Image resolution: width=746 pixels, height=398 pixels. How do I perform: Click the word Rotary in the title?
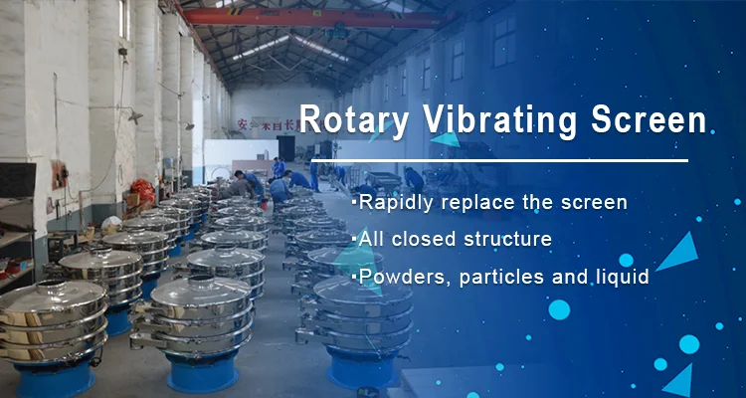click(353, 120)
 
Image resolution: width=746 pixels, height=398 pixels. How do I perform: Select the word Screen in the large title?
click(649, 119)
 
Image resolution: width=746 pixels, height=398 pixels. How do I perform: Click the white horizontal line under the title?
click(499, 160)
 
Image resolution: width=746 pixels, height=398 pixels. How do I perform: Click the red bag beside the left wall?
click(142, 189)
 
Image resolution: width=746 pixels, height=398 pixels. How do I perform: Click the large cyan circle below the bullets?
click(559, 309)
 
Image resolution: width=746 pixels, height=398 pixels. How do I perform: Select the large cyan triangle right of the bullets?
click(679, 253)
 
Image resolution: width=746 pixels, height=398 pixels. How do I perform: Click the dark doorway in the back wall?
click(285, 148)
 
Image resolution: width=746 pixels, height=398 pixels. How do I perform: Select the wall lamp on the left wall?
click(135, 116)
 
